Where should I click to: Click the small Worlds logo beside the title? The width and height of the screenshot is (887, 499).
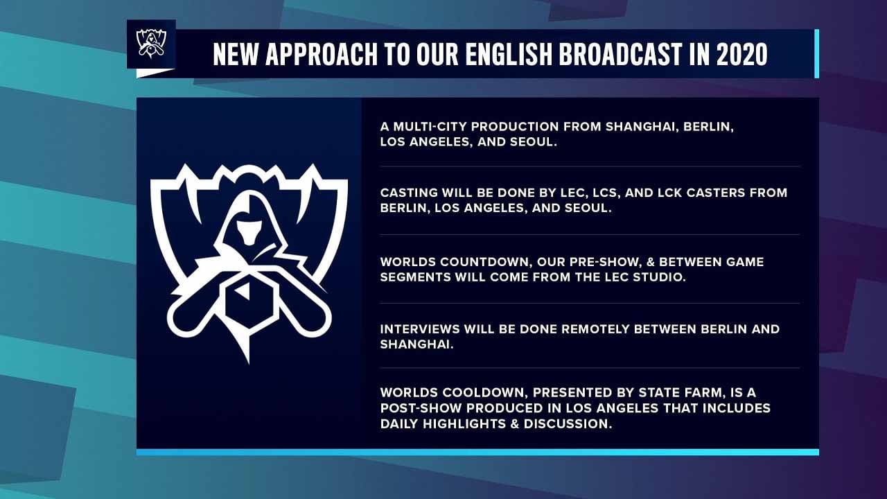[x=151, y=44]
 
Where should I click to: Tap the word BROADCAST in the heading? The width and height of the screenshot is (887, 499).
[x=620, y=54]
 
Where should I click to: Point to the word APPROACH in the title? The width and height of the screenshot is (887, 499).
[x=321, y=54]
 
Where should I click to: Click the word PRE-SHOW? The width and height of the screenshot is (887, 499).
[x=604, y=262]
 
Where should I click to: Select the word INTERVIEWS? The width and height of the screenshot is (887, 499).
[x=419, y=329]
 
